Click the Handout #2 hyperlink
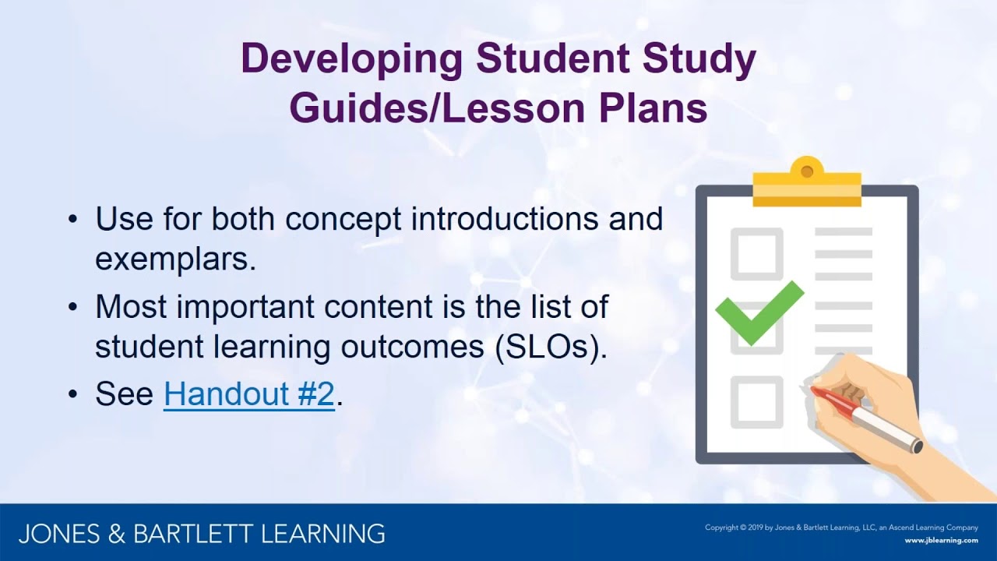248,395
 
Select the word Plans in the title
652,108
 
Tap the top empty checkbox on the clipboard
756,253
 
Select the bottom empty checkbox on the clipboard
756,401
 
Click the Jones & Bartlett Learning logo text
202,534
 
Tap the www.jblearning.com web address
941,540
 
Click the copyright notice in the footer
841,527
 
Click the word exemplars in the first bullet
175,260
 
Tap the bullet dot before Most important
73,307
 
